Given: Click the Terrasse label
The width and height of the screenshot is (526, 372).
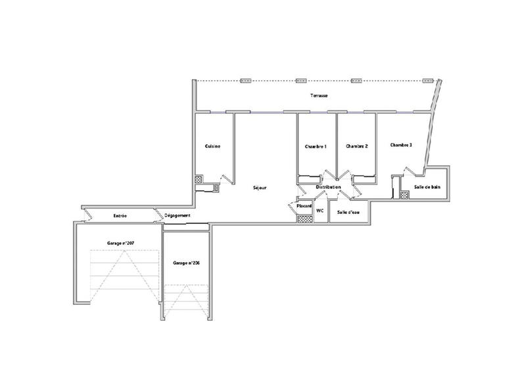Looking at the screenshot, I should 320,96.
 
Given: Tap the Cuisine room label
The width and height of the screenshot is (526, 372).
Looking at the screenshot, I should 212,146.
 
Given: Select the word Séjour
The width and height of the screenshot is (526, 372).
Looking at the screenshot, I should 260,188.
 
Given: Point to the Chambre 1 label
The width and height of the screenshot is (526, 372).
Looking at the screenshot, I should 316,146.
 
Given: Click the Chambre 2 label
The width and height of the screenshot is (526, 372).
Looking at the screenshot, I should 356,146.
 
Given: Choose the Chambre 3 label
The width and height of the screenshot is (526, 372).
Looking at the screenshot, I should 400,145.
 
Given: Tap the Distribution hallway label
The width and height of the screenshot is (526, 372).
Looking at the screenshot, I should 328,188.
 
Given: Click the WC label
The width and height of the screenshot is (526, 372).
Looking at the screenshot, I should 320,211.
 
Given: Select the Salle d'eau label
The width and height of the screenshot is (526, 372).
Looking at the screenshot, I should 347,212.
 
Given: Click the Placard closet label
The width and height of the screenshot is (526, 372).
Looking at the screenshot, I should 304,206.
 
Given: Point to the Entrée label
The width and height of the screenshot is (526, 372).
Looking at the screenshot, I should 120,215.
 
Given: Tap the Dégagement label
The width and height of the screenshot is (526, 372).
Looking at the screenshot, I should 178,215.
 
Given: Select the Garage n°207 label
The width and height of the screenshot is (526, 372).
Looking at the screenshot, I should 121,243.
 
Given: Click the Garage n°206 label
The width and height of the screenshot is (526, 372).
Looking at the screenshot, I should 186,263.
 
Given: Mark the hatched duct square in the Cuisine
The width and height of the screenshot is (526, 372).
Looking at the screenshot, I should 198,178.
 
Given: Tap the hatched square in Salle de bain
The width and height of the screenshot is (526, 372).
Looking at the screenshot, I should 403,194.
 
